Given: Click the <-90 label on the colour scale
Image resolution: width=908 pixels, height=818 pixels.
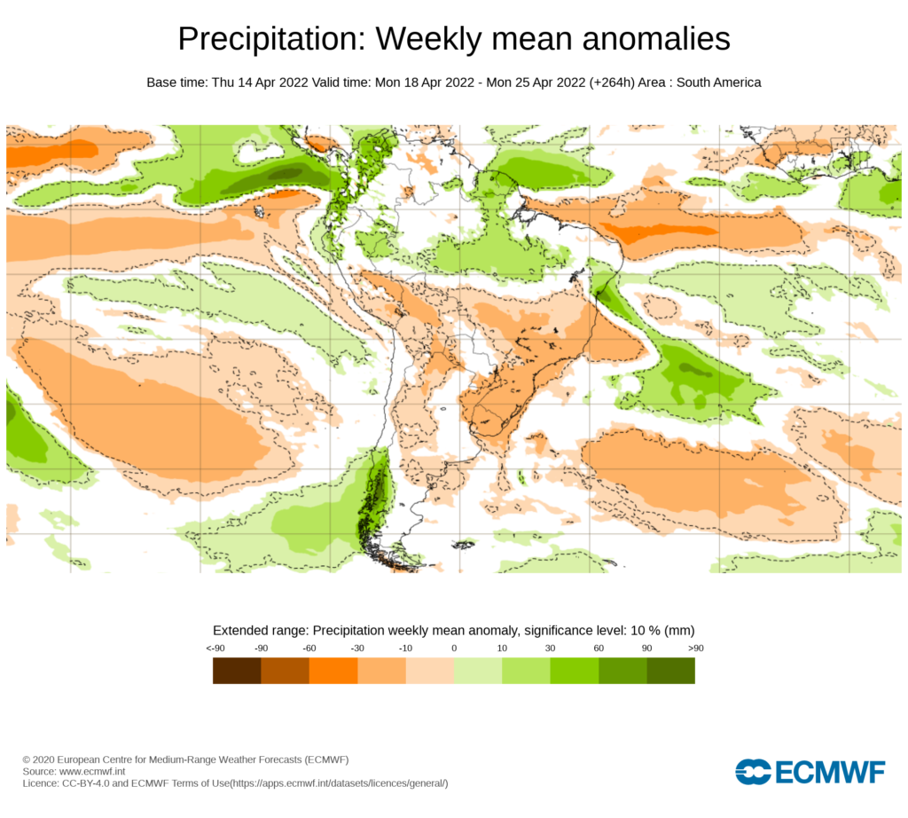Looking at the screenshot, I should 215,648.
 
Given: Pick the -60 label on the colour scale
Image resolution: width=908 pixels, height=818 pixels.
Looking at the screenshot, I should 309,648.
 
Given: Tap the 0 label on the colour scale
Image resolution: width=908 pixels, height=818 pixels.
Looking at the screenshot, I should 454,648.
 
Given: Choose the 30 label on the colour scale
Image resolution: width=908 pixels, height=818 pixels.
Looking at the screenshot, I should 550,648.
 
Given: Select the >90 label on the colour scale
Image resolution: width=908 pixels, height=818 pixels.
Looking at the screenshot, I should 694,648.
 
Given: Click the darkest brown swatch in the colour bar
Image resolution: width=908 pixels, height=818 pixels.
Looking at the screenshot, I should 237,671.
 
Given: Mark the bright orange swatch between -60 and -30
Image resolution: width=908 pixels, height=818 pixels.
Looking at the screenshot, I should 333,671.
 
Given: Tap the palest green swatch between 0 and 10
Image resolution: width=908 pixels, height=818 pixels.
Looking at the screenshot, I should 478,671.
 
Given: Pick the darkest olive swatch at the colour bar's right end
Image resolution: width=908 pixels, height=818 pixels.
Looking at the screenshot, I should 670,671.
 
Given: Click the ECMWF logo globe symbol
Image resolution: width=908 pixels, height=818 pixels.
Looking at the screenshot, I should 753,772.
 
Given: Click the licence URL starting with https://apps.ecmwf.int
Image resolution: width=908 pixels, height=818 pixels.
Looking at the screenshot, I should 338,783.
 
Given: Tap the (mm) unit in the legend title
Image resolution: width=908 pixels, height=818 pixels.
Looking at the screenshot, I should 679,630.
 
